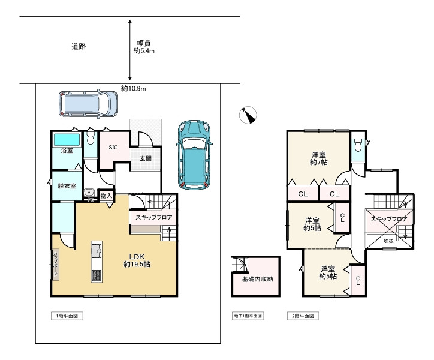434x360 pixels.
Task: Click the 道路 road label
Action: coord(78,47)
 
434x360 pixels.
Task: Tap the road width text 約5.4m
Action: coord(144,47)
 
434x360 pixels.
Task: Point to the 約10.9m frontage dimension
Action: coord(133,88)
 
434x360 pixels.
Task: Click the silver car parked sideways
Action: coord(88,104)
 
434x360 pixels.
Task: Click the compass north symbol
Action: coord(248,114)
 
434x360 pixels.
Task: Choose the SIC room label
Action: coord(113,147)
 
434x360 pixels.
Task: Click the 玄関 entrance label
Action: coord(146,159)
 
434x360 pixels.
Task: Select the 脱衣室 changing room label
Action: coord(66,186)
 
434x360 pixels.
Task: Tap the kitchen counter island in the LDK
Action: coord(96,262)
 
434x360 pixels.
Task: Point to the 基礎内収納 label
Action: coord(257,279)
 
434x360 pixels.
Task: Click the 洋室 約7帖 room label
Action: coord(318,158)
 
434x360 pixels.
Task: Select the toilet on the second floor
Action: coord(358,145)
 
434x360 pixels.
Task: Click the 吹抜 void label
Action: coord(389,241)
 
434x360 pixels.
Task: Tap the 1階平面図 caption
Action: coord(65,315)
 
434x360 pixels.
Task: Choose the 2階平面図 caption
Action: coord(303,315)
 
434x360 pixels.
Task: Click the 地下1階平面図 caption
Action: coord(248,315)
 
